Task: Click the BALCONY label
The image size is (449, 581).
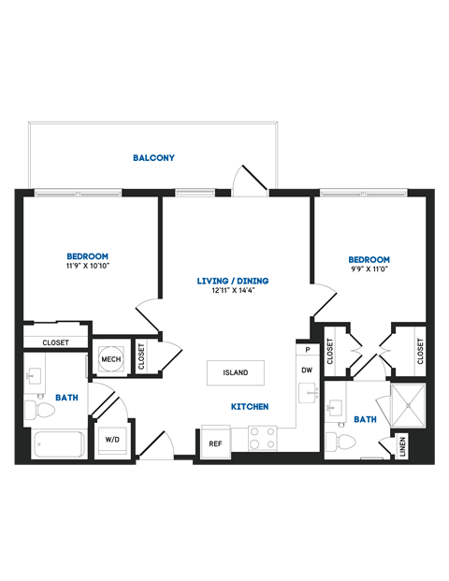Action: coord(153,158)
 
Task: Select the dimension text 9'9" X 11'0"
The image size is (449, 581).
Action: coord(369,270)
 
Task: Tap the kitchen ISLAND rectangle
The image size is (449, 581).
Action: coord(235,372)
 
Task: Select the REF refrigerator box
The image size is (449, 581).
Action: coord(215,443)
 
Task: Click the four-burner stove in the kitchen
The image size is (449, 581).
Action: coord(261,438)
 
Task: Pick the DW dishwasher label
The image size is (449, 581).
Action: coord(306,370)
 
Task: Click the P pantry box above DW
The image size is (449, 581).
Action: coord(306,350)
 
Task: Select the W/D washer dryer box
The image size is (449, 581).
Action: coord(110,439)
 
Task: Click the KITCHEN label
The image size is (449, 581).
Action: coord(250,407)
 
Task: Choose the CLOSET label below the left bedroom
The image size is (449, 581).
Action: coord(55,342)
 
